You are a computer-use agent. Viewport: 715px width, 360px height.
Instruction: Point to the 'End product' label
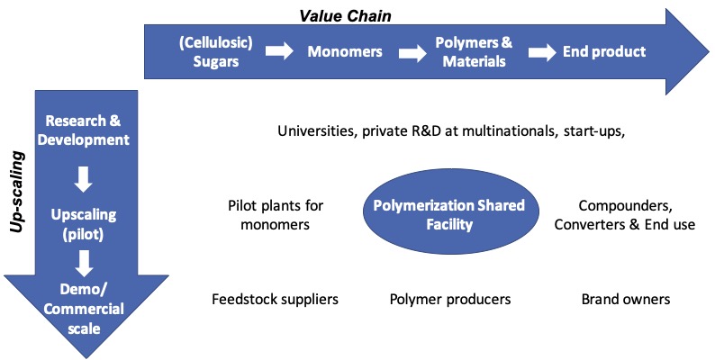pos(604,51)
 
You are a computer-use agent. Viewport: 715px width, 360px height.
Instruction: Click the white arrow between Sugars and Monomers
pos(279,52)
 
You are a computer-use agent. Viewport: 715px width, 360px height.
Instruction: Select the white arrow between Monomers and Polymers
pos(405,52)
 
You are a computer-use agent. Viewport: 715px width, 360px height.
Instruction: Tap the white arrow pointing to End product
pos(542,52)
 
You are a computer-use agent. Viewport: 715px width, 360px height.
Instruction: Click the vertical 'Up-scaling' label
pos(15,193)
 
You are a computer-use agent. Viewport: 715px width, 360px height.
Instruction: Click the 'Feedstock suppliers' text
pos(276,299)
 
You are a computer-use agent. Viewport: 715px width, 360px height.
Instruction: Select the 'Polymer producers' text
pos(450,299)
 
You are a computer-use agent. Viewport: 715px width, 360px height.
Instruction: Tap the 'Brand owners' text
pos(625,299)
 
